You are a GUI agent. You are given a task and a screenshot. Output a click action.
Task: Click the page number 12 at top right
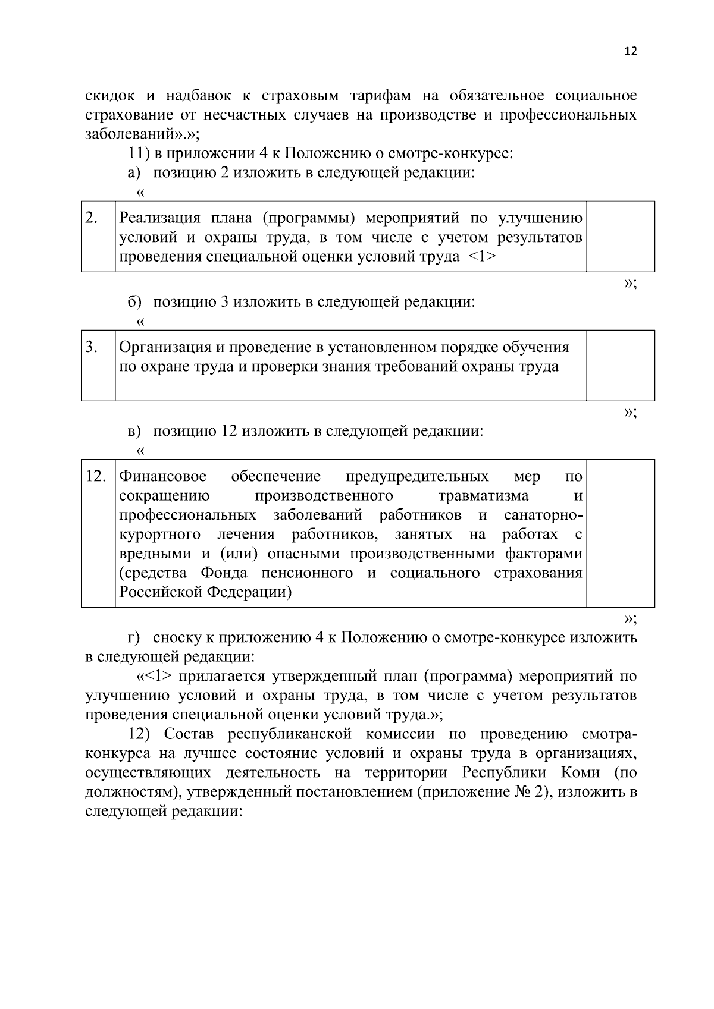(631, 51)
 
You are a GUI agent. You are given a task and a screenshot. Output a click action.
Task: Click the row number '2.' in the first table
(91, 218)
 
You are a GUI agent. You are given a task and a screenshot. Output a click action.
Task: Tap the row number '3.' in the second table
(91, 347)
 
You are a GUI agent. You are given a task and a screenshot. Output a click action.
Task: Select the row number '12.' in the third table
(96, 477)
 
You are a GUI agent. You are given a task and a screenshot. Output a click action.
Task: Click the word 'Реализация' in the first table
(156, 218)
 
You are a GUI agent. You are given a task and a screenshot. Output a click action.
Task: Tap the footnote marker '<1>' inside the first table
(482, 257)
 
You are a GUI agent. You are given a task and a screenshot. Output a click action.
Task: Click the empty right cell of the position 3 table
(620, 365)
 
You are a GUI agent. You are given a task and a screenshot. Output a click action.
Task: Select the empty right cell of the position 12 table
(620, 532)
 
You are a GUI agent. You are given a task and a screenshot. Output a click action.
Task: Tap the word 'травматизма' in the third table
(483, 496)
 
